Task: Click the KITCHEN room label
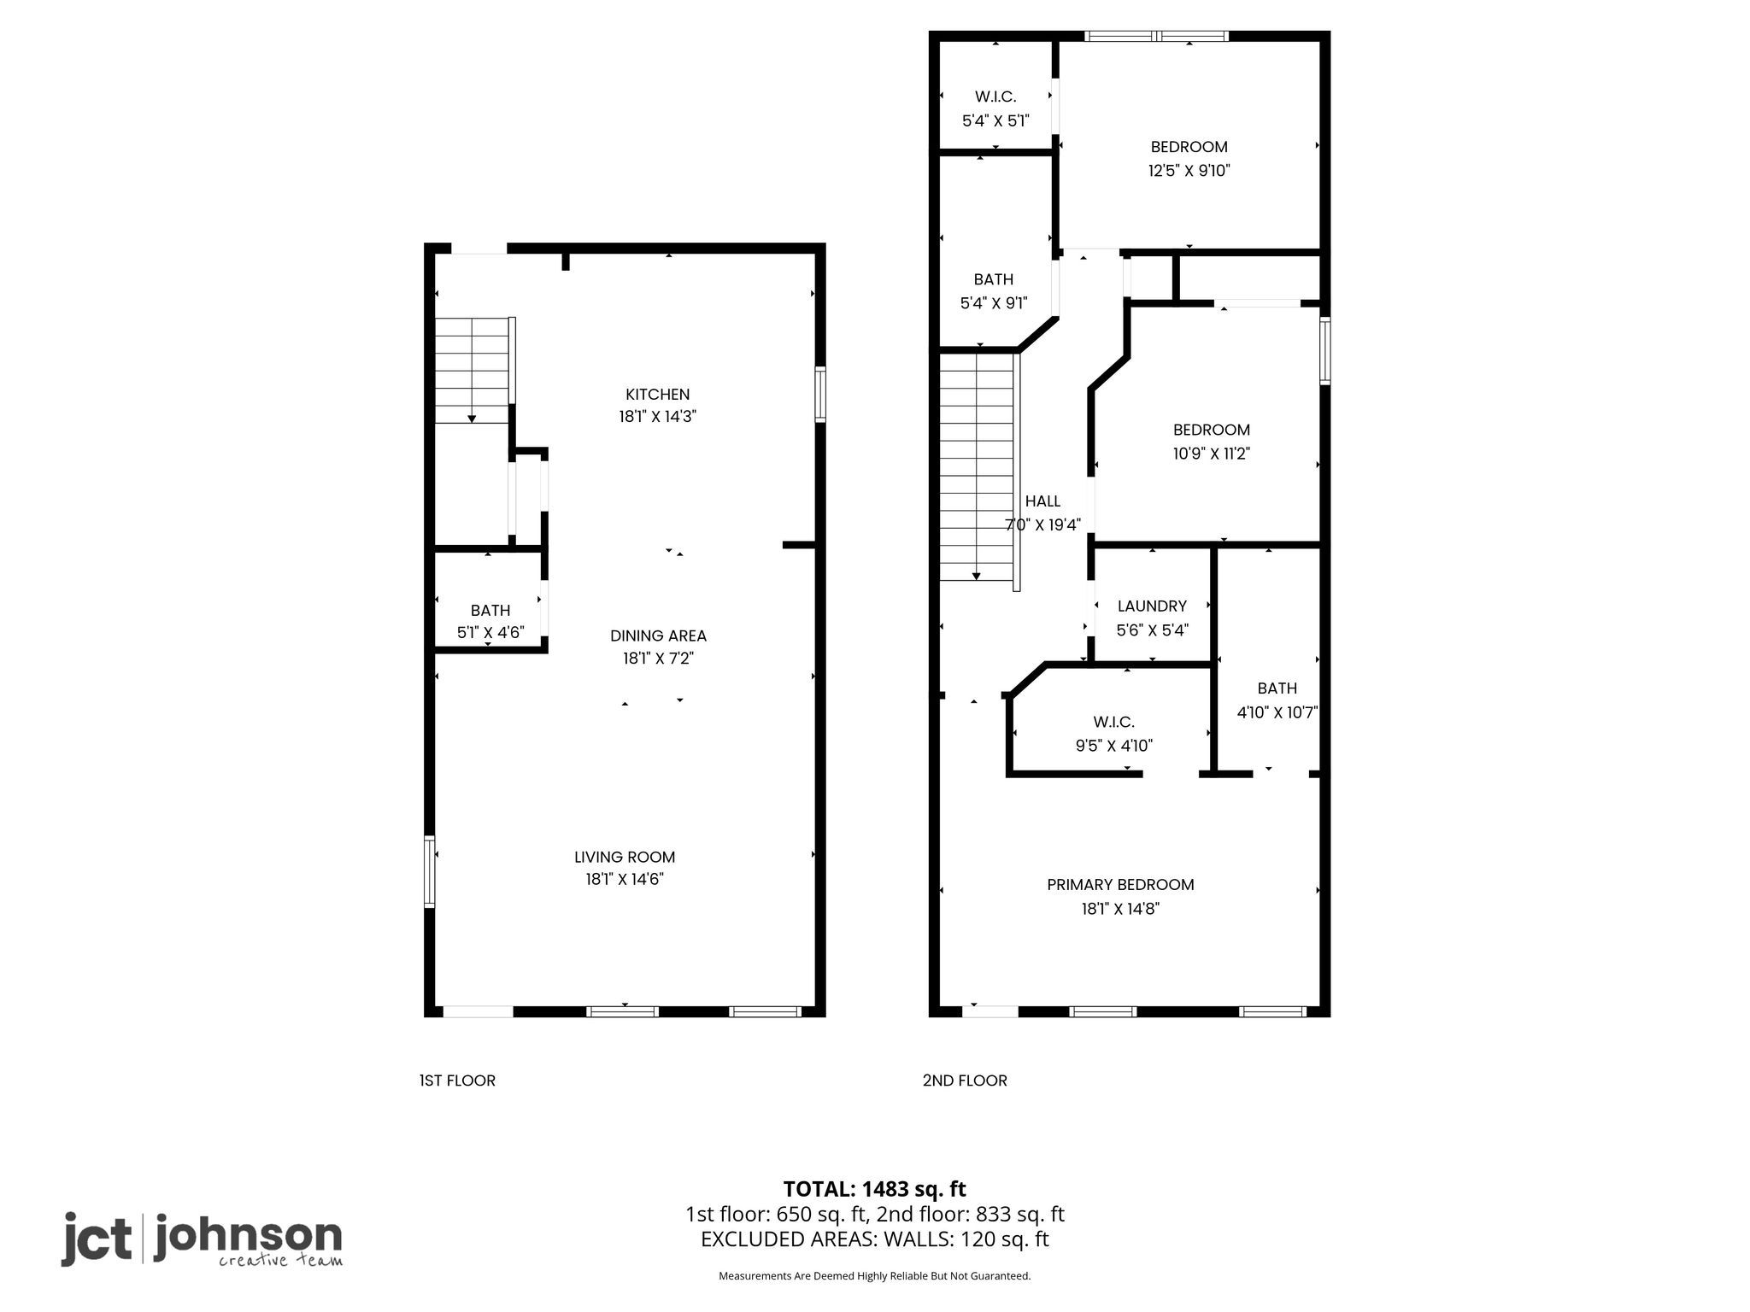pos(657,395)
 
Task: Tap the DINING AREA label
pos(658,635)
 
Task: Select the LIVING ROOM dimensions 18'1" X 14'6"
pos(625,879)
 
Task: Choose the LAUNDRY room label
pos(1152,606)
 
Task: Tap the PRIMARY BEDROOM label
pos(1120,885)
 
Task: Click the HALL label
pos(1042,501)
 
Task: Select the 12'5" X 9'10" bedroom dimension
pos(1189,170)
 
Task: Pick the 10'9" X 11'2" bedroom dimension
pos(1211,454)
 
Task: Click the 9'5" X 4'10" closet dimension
pos(1113,746)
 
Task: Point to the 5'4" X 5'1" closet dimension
pos(995,120)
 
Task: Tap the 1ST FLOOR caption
pos(457,1081)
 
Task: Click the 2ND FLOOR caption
pos(965,1081)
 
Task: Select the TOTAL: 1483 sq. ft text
pos(874,1188)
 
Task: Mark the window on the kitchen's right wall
pos(820,394)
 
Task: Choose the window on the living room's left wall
pos(430,871)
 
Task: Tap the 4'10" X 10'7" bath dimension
pos(1277,712)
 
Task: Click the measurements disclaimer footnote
pos(874,1276)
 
